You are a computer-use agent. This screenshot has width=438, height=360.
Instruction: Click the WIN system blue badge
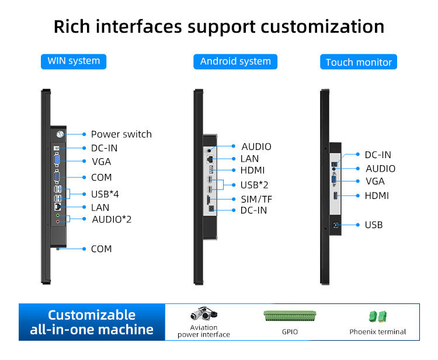[x=74, y=61]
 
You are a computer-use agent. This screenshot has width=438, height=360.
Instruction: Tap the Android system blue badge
[x=235, y=62]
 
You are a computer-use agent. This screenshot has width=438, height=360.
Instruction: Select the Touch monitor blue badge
[x=359, y=62]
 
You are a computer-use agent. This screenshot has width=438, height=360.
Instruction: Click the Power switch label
[x=121, y=134]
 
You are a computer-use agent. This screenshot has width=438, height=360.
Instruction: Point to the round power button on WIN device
[x=60, y=135]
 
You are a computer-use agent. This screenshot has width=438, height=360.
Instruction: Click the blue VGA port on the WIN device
[x=57, y=160]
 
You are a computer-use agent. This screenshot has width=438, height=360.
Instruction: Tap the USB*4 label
[x=105, y=194]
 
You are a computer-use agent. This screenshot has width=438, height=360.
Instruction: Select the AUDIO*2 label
[x=112, y=219]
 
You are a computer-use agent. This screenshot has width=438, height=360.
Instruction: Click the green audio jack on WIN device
[x=58, y=215]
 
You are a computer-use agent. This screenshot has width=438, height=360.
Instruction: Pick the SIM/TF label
[x=256, y=200]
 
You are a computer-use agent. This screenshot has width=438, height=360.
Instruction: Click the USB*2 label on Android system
[x=254, y=185]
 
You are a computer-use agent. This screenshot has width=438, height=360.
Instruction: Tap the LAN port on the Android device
[x=210, y=159]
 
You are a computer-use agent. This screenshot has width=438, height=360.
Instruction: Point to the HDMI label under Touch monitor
[x=377, y=195]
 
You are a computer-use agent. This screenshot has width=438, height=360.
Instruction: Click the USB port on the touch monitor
[x=335, y=225]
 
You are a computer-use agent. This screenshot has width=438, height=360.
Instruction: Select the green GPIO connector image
[x=290, y=316]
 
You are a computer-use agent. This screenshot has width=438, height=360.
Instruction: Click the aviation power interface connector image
[x=204, y=313]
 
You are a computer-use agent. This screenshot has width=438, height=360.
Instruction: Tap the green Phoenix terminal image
[x=378, y=317]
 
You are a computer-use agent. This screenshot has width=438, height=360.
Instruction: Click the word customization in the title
[x=322, y=27]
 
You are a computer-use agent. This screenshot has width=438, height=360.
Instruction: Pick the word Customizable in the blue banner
[x=92, y=315]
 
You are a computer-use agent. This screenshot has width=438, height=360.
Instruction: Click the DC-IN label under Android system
[x=253, y=210]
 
